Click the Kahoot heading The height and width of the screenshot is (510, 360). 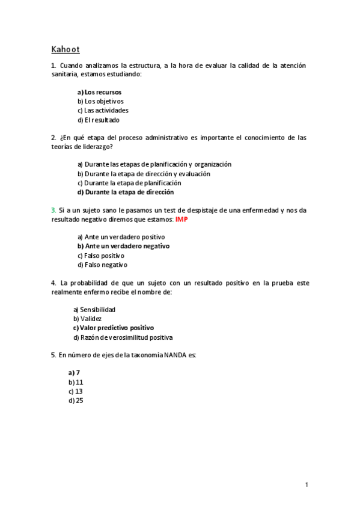click(x=66, y=49)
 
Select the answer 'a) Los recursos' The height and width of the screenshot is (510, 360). click(x=99, y=92)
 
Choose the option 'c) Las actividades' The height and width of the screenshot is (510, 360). click(x=103, y=110)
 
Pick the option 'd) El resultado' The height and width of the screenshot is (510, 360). click(x=99, y=120)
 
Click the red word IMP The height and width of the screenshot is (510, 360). click(x=182, y=220)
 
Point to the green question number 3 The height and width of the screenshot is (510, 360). click(x=53, y=210)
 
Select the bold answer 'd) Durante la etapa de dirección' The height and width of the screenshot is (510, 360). click(x=126, y=192)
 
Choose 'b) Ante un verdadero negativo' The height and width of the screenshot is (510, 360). click(x=123, y=246)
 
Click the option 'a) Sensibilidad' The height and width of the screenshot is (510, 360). click(x=94, y=309)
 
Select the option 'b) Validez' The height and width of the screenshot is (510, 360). click(x=87, y=318)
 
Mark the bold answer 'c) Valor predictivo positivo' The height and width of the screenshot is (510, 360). click(x=114, y=328)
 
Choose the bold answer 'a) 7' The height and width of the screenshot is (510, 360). click(x=75, y=372)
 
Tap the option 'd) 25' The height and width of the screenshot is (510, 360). click(x=76, y=400)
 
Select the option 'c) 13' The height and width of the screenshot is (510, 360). click(x=76, y=391)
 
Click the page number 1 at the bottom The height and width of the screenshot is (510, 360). click(x=306, y=485)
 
